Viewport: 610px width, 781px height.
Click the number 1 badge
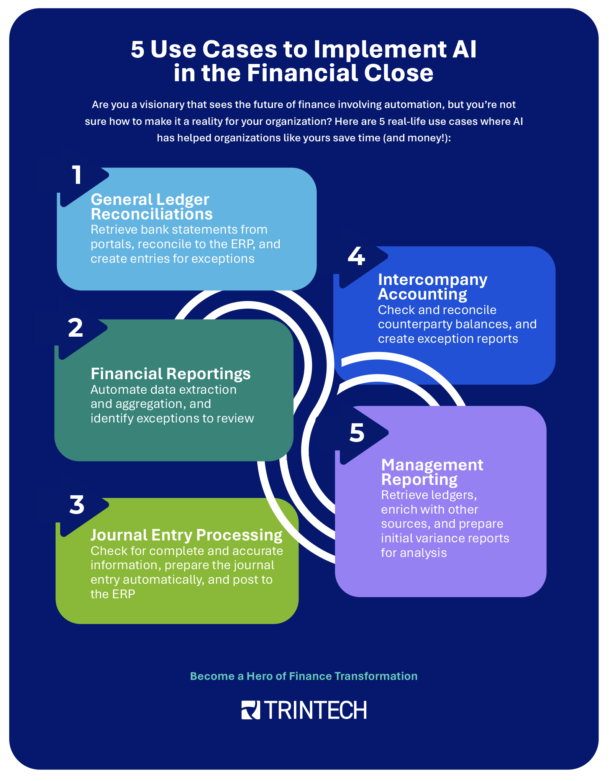[77, 175]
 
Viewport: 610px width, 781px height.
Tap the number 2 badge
[75, 328]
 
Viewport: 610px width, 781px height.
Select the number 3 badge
[77, 505]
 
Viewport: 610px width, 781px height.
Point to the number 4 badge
[356, 256]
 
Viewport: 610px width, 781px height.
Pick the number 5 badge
[357, 433]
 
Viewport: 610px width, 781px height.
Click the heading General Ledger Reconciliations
[151, 207]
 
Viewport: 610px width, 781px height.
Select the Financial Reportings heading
[171, 374]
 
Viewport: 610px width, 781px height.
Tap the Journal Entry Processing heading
[187, 535]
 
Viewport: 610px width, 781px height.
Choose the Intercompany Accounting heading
[432, 287]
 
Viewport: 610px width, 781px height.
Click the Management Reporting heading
[432, 472]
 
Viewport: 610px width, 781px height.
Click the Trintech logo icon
[251, 710]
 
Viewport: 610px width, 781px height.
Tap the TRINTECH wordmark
[315, 710]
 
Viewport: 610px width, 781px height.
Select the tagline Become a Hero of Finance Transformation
[303, 676]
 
